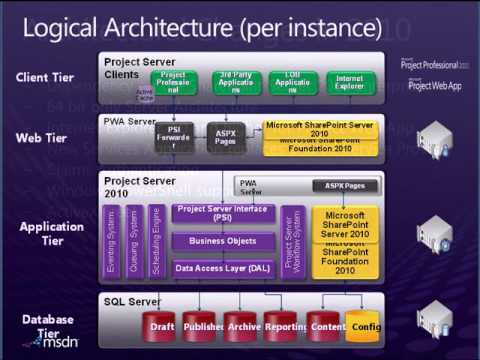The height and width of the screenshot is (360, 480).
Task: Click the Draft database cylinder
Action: point(162,325)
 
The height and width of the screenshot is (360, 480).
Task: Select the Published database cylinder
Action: point(203,325)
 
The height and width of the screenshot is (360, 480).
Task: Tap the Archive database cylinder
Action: point(243,325)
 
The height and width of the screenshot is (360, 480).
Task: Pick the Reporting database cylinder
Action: point(286,325)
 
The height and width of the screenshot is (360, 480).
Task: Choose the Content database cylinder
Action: point(328,325)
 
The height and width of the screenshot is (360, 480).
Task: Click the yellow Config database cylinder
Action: point(364,325)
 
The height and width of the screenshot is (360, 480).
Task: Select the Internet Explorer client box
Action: point(350,82)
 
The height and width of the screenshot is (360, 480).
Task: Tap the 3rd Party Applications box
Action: point(237,82)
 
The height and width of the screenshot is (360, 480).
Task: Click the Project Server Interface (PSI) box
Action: point(224,212)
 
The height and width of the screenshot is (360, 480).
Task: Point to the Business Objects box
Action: point(224,240)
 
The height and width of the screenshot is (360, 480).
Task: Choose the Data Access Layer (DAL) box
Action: point(224,268)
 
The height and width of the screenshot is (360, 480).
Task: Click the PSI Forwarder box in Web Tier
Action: point(174,137)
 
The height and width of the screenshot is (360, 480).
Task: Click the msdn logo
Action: point(56,341)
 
